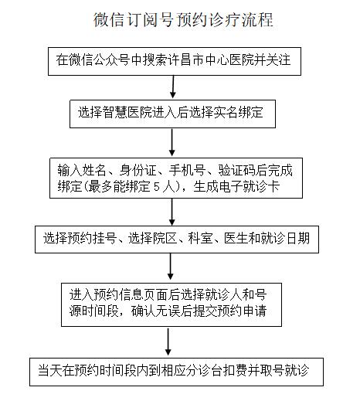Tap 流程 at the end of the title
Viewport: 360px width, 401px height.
coord(257,20)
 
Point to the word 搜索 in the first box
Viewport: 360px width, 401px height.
coord(155,59)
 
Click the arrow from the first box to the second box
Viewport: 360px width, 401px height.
coord(173,87)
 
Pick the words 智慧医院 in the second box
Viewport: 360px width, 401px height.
coord(127,112)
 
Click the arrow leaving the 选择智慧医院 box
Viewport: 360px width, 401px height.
coord(172,142)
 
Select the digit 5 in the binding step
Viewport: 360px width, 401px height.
coord(157,187)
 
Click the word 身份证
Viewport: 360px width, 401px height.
coord(138,170)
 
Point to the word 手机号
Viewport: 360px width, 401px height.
coord(188,170)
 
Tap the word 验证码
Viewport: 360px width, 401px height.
coord(236,170)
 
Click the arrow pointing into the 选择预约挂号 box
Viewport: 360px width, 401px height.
coord(172,212)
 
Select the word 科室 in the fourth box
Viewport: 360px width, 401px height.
coord(200,238)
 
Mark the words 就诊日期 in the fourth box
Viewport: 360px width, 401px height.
coord(285,238)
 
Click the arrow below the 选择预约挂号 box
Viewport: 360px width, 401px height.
coord(171,267)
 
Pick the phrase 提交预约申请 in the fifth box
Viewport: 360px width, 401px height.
coord(229,311)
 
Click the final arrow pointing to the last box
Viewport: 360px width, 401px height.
coord(168,342)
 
